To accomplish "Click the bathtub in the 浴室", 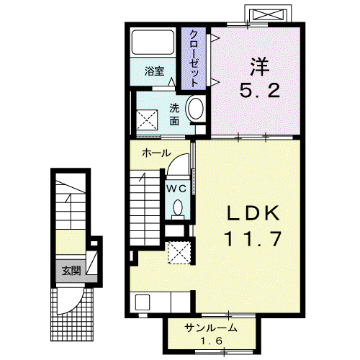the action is [x=153, y=42].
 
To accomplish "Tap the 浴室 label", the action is [x=154, y=71].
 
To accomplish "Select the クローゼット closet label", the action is [x=194, y=59].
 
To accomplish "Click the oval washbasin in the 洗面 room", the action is [x=196, y=108].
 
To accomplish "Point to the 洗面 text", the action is [x=174, y=114].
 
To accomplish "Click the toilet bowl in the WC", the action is [x=178, y=208].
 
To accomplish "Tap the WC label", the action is [x=176, y=189].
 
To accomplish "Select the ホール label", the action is [x=156, y=153].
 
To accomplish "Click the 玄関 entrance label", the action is [x=71, y=271].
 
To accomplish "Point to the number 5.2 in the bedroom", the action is [x=260, y=90].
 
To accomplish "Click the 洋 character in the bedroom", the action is [x=260, y=66].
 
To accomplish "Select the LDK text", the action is [x=253, y=213].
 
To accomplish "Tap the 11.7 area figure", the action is [x=253, y=239].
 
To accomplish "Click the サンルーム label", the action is [x=210, y=328].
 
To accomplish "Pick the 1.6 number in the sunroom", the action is [x=212, y=341].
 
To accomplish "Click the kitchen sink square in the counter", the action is [x=143, y=302].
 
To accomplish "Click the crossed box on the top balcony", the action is [x=268, y=16].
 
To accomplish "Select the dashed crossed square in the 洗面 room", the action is [x=147, y=120].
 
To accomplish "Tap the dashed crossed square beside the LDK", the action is [x=179, y=253].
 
